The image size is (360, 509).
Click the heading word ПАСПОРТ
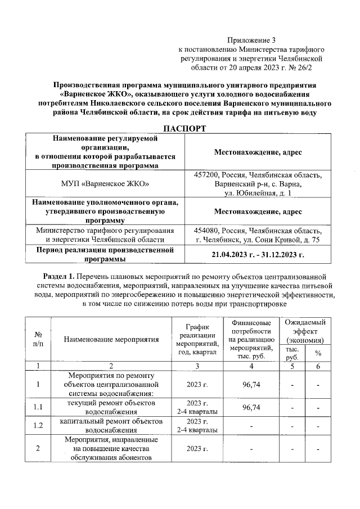185,129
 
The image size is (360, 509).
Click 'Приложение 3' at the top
251,40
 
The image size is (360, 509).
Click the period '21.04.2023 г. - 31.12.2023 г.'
258,254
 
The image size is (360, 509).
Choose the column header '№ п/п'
37,339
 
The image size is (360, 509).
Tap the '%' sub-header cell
318,353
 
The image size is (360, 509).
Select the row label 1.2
37,425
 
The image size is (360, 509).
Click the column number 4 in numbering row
251,366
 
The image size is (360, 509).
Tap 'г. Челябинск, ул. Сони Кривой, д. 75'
258,240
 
